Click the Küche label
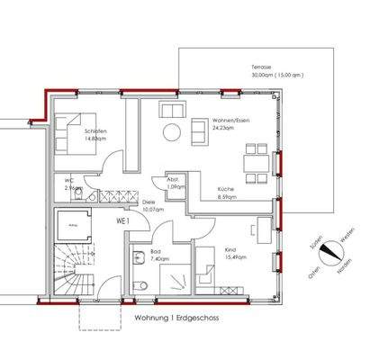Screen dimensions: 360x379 [225, 189]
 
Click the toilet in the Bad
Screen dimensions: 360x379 [138, 286]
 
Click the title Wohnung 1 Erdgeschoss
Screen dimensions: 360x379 [176, 318]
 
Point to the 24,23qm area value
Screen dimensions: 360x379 [223, 129]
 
